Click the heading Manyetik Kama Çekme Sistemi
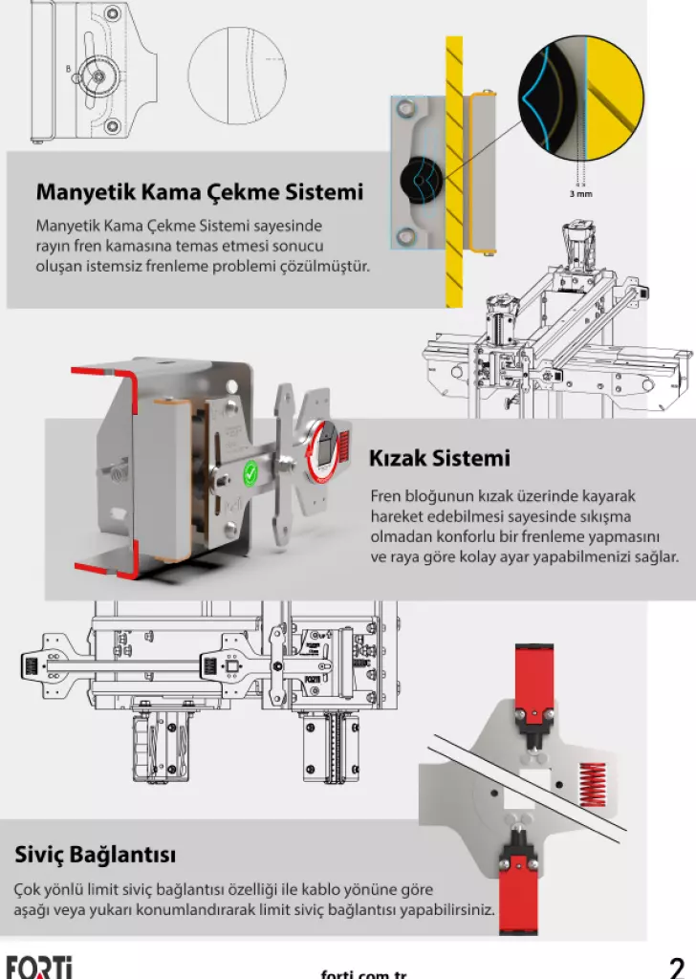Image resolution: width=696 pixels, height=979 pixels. (x=199, y=192)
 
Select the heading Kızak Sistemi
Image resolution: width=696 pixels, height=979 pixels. (x=439, y=458)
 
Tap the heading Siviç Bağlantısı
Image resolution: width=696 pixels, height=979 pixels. (x=95, y=854)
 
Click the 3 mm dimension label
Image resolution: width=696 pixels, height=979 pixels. (x=579, y=194)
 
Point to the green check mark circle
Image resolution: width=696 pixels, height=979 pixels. (x=250, y=470)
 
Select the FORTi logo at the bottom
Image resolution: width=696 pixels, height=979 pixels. (x=39, y=967)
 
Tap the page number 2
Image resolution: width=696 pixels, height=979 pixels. (x=677, y=967)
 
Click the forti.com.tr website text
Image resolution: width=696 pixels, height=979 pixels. (x=363, y=973)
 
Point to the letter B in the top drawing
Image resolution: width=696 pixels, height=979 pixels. (x=68, y=68)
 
